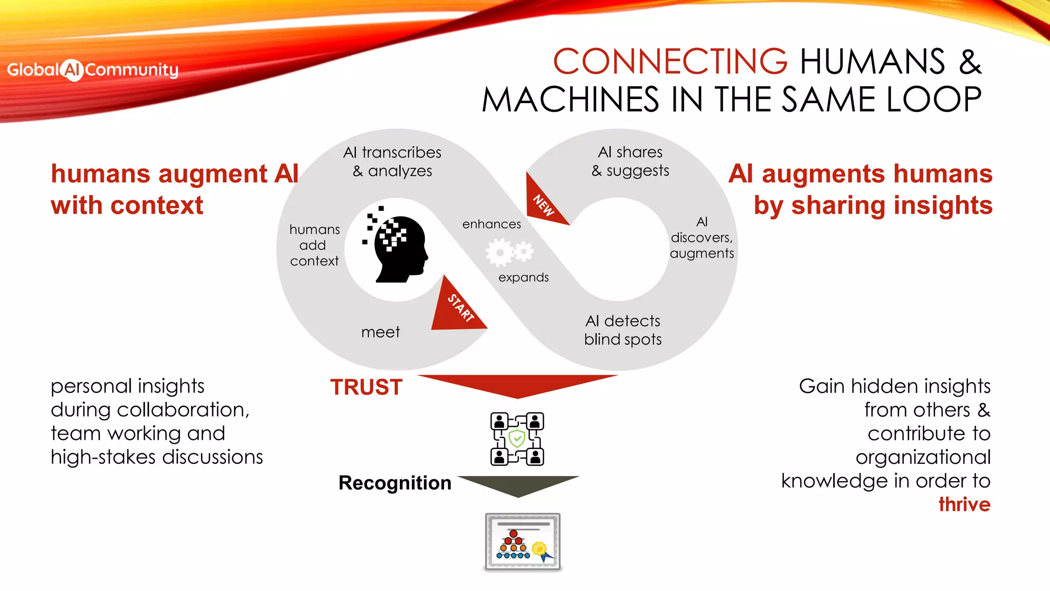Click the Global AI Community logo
(x=93, y=70)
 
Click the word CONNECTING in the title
(x=670, y=62)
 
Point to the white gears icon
(x=509, y=252)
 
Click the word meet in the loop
(x=380, y=332)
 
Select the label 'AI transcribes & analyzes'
(x=392, y=162)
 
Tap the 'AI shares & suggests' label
(x=631, y=161)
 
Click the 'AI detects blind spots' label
(x=623, y=330)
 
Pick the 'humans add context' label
(x=314, y=245)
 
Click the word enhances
(x=491, y=224)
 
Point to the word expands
(x=523, y=278)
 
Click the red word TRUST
(x=366, y=387)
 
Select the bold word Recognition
(x=395, y=483)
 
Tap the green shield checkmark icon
(x=517, y=439)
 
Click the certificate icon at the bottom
(x=522, y=542)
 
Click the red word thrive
(x=964, y=504)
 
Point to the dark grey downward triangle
(x=518, y=485)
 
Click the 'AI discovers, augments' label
(x=702, y=238)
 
